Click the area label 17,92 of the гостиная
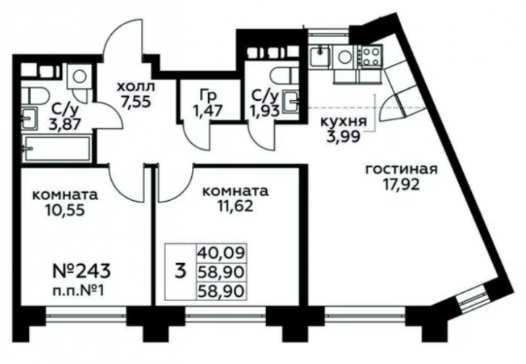tap(402, 185)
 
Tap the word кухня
tap(344, 122)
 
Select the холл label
tap(136, 87)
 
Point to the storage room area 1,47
tap(207, 110)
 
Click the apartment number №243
tap(81, 271)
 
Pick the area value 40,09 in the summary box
tap(221, 253)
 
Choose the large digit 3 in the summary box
tap(181, 271)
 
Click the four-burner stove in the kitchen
tap(371, 56)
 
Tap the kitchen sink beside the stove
tap(320, 56)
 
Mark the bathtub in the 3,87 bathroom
tap(56, 148)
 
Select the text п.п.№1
tap(79, 290)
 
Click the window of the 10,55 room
tap(86, 315)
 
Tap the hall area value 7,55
tap(136, 102)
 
